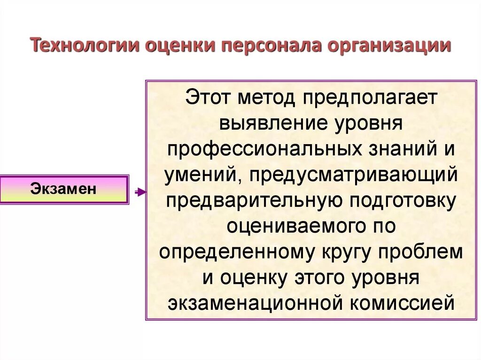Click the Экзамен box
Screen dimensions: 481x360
[x=64, y=189]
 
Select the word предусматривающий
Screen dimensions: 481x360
[x=354, y=175]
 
